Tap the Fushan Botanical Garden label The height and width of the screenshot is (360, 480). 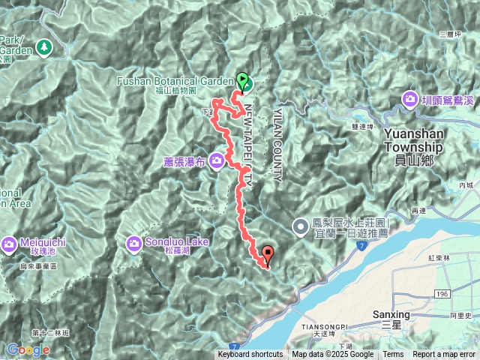177,81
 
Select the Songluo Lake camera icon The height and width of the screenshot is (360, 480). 134,242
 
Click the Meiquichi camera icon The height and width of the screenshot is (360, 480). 8,243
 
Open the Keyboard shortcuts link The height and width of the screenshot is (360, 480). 250,355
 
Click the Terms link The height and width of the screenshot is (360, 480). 393,355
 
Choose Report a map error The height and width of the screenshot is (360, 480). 444,355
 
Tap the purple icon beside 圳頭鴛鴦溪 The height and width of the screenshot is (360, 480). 410,98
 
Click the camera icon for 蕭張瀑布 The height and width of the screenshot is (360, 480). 217,160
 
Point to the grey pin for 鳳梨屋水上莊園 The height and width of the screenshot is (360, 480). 299,224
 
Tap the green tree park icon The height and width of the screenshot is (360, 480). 43,46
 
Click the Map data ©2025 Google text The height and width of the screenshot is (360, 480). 333,355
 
